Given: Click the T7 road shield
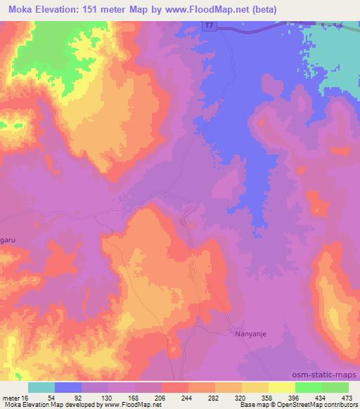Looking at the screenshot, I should pos(211,26).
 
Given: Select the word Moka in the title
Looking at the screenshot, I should pos(23,9).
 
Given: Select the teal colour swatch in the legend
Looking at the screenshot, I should pos(41,387).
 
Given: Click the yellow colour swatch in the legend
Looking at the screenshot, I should pos(282,387).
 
